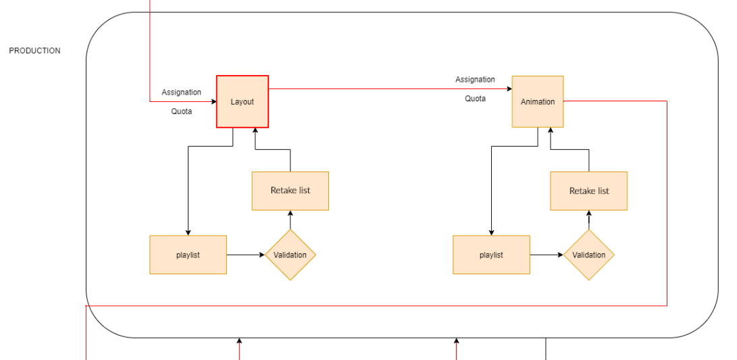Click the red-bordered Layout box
click(243, 101)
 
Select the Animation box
click(538, 101)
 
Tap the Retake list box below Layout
click(290, 190)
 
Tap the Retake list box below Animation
click(589, 190)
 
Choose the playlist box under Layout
click(188, 255)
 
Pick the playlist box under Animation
click(491, 255)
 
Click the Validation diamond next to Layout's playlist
click(290, 255)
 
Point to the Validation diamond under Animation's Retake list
click(589, 255)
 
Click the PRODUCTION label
click(34, 51)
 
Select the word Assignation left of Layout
click(181, 92)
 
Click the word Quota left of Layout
click(181, 111)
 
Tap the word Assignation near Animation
click(475, 80)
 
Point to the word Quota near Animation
click(475, 99)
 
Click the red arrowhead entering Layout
click(212, 102)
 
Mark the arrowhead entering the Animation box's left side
click(508, 89)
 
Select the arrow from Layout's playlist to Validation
click(245, 255)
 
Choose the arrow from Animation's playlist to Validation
click(547, 255)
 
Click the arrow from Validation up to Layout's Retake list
click(290, 220)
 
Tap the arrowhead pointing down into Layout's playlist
click(188, 232)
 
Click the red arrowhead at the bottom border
click(239, 342)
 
